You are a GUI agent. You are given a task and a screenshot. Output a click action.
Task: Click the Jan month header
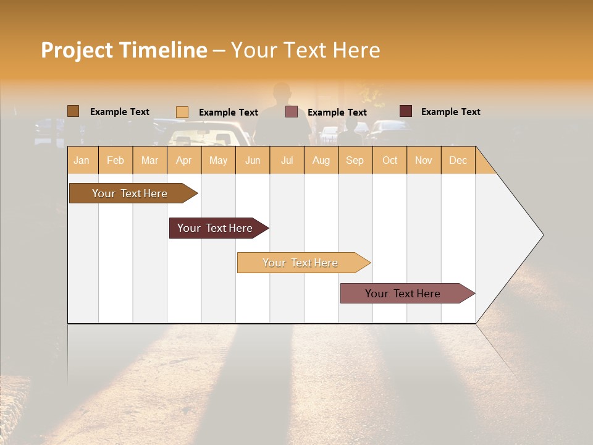pos(82,161)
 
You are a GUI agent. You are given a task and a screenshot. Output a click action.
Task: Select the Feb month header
pos(116,161)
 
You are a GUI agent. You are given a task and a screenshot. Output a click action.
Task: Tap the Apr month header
pos(184,161)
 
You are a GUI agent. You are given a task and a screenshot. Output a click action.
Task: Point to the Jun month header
pos(253,161)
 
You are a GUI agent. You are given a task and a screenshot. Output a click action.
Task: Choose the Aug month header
pos(321,161)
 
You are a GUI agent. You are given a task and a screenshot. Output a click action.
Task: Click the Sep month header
pos(355,161)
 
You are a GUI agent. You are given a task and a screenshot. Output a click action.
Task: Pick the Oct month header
pos(390,161)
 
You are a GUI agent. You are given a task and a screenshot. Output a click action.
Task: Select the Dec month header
pos(458,161)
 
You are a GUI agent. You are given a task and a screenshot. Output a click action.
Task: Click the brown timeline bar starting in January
pos(130,193)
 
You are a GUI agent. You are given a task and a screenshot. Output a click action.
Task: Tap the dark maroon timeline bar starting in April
pos(215,228)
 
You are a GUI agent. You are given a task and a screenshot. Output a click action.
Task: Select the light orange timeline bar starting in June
pos(300,263)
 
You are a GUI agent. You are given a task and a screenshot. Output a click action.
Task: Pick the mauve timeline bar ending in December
pos(403,294)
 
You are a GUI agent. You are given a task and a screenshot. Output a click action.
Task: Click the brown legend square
pos(73,111)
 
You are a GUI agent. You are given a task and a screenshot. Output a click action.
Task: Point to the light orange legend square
pos(182,112)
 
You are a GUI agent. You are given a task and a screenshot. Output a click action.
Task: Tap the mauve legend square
pos(292,112)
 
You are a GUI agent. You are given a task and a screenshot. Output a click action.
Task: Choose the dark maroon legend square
pos(406,111)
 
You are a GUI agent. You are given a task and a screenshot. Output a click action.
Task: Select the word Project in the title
pos(77,51)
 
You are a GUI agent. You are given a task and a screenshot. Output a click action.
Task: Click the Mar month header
pos(149,161)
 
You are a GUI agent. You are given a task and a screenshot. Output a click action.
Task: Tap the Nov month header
pos(424,161)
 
